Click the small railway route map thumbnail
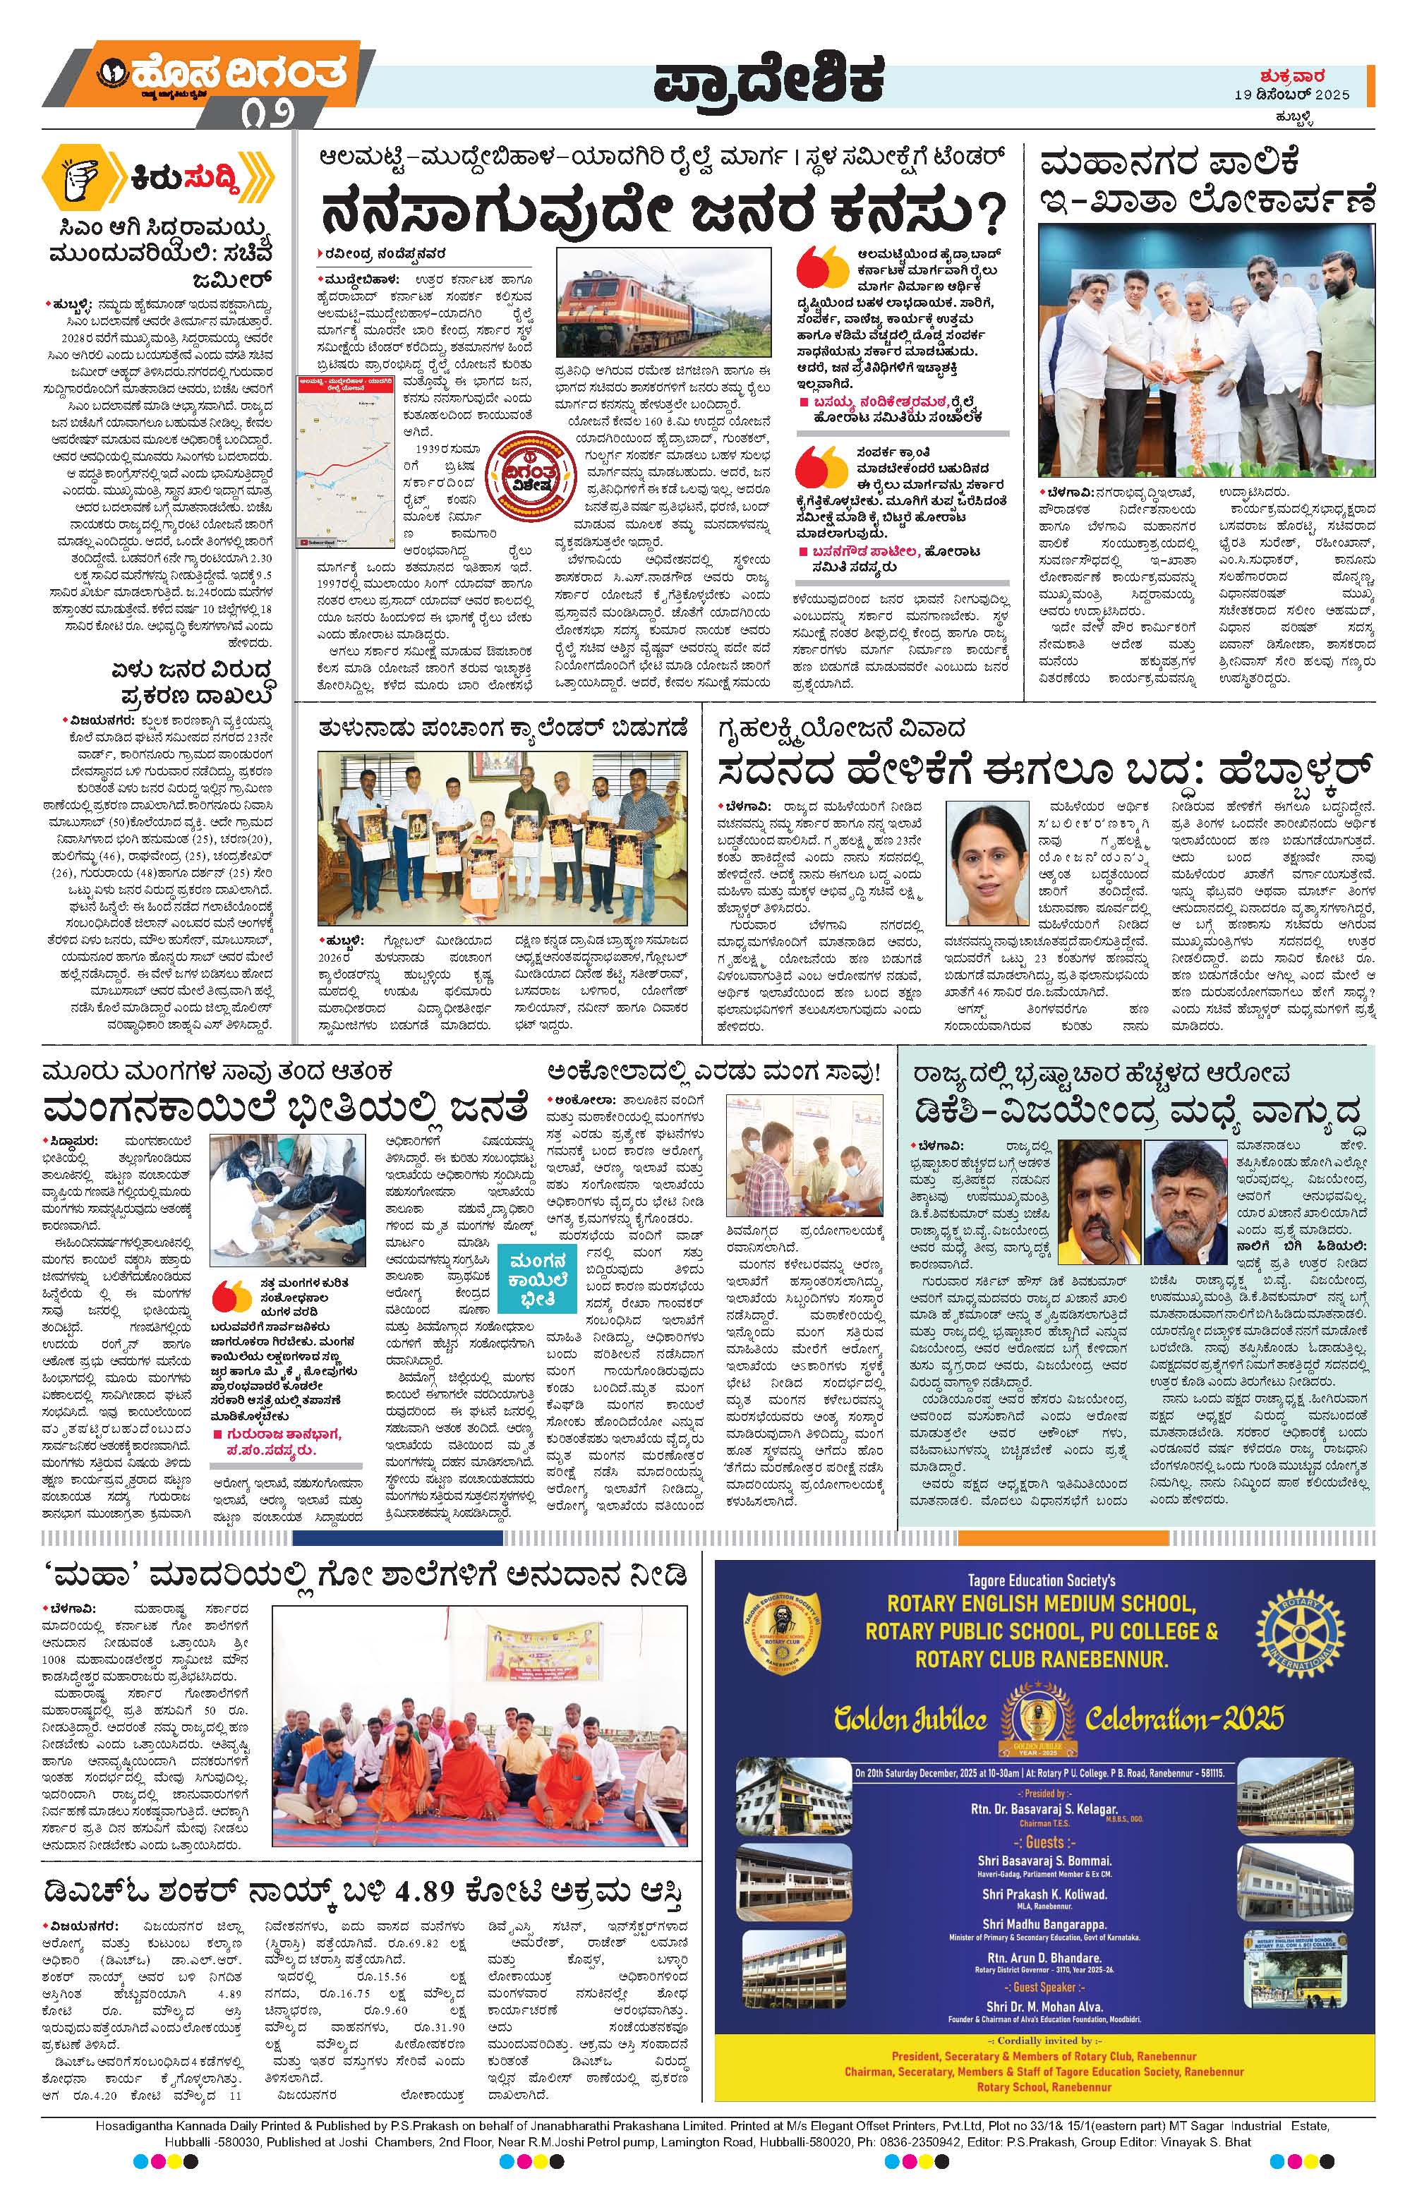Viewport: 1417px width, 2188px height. pyautogui.click(x=343, y=464)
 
